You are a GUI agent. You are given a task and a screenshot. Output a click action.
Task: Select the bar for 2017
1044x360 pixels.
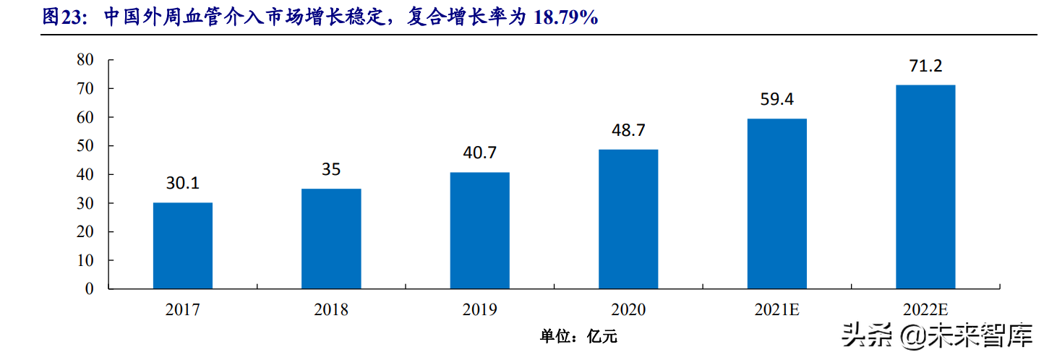(183, 246)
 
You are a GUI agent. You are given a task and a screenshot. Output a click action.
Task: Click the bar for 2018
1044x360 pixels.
(331, 239)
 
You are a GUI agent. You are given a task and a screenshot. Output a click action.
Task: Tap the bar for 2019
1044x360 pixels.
(479, 231)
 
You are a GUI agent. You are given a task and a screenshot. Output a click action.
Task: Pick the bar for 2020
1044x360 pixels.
(628, 219)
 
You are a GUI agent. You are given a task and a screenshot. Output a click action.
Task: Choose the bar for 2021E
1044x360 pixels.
(776, 204)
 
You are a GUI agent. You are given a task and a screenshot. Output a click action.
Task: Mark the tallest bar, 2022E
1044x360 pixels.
(925, 187)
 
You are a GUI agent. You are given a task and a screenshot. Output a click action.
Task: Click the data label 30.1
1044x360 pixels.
(183, 184)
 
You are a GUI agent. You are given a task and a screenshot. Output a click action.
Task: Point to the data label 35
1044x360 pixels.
(331, 170)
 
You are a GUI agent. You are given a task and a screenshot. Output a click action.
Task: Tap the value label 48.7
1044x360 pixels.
(628, 131)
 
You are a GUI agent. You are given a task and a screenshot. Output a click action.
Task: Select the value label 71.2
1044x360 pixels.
(925, 67)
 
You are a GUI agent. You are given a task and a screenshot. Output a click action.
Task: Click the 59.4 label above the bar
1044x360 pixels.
(776, 100)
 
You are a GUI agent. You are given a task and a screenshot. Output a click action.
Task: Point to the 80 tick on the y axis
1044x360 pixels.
(85, 60)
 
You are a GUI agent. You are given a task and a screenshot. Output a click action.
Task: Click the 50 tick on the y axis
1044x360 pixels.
(85, 146)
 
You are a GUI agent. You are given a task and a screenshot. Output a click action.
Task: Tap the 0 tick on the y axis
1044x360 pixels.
(90, 289)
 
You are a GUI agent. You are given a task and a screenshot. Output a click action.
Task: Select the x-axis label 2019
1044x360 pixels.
(479, 310)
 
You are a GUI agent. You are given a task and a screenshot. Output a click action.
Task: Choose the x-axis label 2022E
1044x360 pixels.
(925, 310)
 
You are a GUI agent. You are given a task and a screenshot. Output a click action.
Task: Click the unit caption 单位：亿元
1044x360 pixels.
(578, 336)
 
